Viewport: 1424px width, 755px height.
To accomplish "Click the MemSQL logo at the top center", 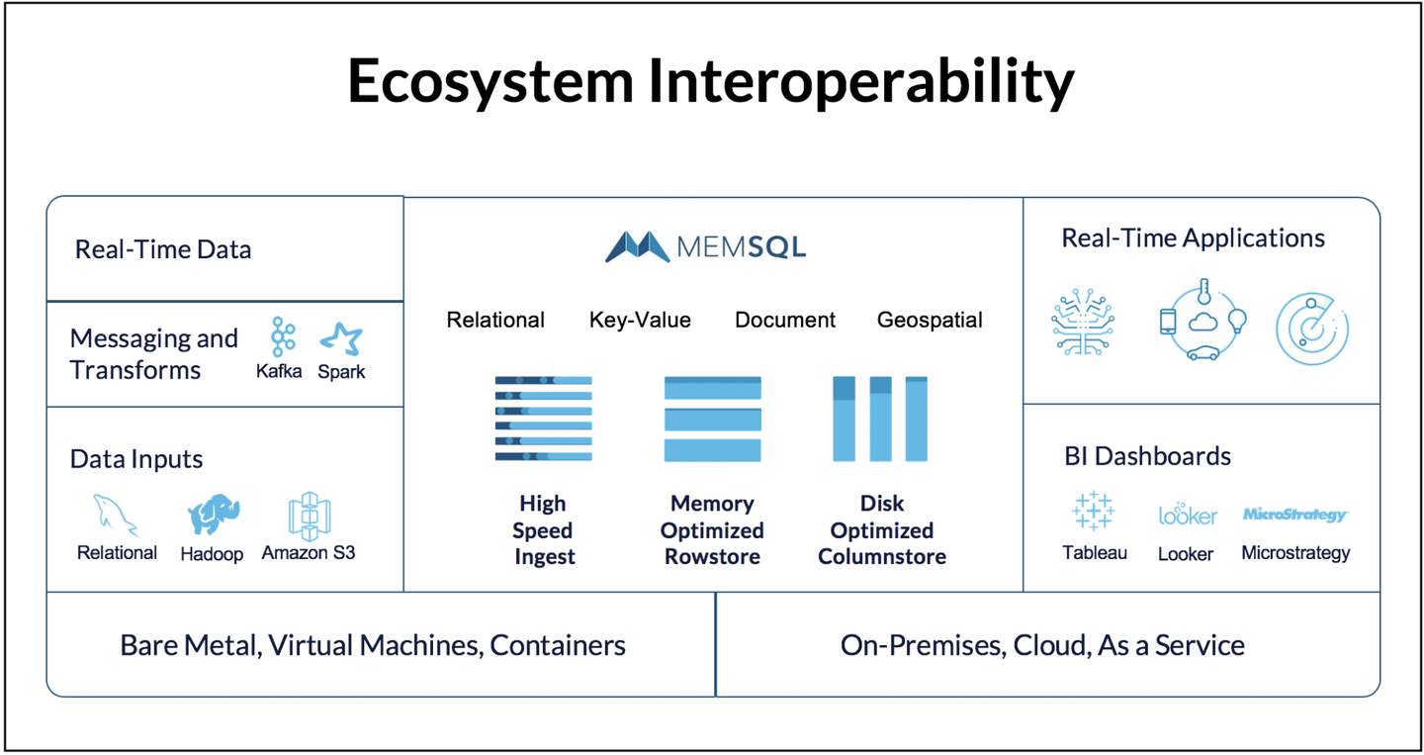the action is pyautogui.click(x=705, y=246).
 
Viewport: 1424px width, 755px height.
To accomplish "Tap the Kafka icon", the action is pyautogui.click(x=283, y=338).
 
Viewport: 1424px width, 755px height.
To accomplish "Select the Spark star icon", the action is pyautogui.click(x=341, y=339).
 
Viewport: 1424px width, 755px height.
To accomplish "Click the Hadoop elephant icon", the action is pyautogui.click(x=213, y=515).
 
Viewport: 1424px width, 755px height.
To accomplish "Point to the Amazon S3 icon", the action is pyautogui.click(x=309, y=515).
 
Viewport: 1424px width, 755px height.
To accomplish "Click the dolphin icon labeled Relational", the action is pyautogui.click(x=116, y=515).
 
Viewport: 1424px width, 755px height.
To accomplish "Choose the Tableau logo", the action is pyautogui.click(x=1093, y=512).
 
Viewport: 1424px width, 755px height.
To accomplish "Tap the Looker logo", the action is pyautogui.click(x=1187, y=516).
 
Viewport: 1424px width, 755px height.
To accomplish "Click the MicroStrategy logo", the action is pyautogui.click(x=1294, y=515).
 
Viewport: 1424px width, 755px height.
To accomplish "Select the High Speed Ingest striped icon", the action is pyautogui.click(x=543, y=419).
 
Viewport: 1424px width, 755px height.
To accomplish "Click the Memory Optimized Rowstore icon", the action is pyautogui.click(x=712, y=419).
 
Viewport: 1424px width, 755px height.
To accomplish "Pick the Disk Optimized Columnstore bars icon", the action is pyautogui.click(x=880, y=419).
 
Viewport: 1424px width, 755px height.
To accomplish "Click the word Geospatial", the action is pyautogui.click(x=930, y=320).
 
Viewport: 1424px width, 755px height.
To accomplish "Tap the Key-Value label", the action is pyautogui.click(x=640, y=320).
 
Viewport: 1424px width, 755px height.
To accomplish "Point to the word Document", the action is pyautogui.click(x=785, y=320).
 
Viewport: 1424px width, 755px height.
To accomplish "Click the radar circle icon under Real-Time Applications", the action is pyautogui.click(x=1312, y=328).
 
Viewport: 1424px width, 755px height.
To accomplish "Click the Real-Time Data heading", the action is pyautogui.click(x=163, y=249).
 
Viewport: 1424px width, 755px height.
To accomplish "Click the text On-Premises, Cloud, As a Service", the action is pyautogui.click(x=1042, y=645).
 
